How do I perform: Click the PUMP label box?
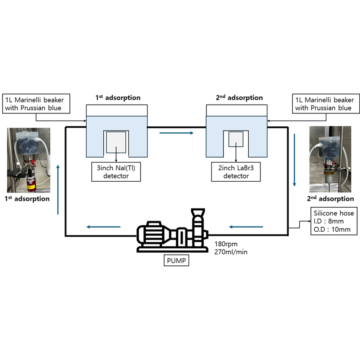click(176, 260)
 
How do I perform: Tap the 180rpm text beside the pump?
click(226, 244)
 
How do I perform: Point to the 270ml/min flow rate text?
click(231, 252)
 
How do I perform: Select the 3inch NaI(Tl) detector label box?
click(116, 172)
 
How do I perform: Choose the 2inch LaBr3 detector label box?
click(236, 172)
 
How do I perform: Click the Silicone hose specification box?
click(334, 221)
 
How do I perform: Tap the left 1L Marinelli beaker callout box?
click(36, 104)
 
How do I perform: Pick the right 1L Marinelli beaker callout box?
click(326, 104)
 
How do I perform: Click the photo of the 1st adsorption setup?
click(29, 160)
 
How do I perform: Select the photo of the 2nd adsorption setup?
click(330, 159)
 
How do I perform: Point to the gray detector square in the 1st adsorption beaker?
click(116, 142)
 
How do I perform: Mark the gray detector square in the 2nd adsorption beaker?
click(236, 139)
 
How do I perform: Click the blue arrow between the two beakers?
click(176, 133)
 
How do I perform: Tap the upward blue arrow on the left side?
click(58, 190)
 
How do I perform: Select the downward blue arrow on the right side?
click(294, 160)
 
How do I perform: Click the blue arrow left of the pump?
click(103, 227)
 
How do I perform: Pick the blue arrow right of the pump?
click(246, 227)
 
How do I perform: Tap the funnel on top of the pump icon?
click(198, 212)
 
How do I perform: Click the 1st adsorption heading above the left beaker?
click(118, 98)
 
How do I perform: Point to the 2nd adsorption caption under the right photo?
click(331, 199)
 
